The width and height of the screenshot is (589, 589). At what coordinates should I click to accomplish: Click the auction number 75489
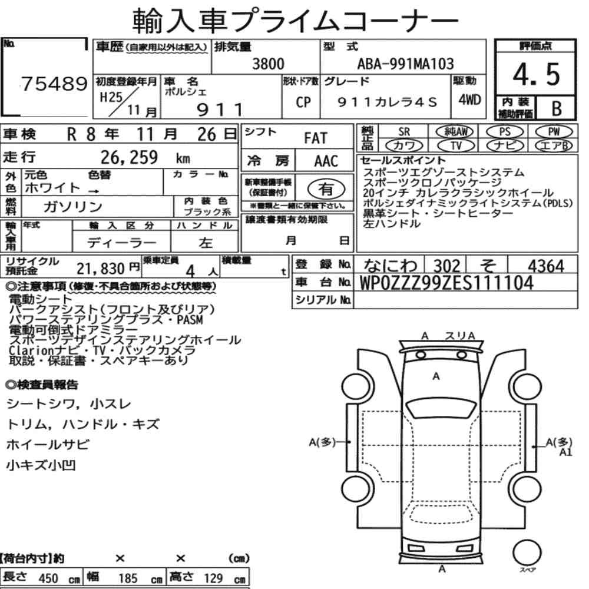54,84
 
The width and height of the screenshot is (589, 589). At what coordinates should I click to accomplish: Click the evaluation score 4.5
536,74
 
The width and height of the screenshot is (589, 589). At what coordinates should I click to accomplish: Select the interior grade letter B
557,108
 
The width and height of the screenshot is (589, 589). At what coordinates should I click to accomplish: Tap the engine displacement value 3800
268,64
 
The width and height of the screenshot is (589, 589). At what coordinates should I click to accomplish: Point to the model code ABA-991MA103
405,64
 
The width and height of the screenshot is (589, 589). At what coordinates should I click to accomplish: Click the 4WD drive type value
469,100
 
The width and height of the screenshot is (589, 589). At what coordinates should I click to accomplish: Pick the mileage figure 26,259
129,157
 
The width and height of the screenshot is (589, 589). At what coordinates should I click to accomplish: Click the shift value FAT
316,138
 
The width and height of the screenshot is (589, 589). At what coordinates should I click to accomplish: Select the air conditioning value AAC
326,161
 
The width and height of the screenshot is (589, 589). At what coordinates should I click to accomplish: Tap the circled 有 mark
326,188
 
